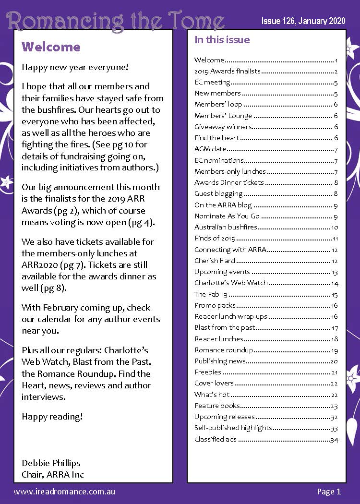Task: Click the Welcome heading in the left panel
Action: pos(51,47)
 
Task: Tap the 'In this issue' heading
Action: pos(222,40)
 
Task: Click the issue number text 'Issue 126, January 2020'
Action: pos(303,22)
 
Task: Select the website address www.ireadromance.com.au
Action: pos(64,491)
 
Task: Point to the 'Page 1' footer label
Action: pos(328,491)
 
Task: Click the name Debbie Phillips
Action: pos(51,463)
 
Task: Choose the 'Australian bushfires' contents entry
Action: pos(226,227)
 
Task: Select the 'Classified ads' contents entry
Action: pos(215,439)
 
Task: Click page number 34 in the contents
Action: pos(334,439)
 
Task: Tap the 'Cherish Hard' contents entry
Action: pos(215,261)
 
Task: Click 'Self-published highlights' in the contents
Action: pos(233,428)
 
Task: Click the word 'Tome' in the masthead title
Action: pos(197,22)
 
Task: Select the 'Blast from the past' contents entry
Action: pos(224,327)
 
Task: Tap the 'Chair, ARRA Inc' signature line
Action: pos(53,475)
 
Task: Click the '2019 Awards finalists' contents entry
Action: pos(227,71)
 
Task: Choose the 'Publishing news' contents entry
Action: pos(220,360)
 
